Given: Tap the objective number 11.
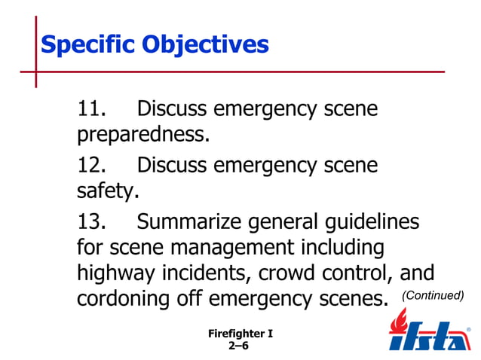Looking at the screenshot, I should click(95, 110).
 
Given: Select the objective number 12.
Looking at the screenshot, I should click(95, 166).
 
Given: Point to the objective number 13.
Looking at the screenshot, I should click(95, 222).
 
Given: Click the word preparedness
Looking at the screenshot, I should click(142, 136).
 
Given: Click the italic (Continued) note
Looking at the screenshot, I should click(432, 295).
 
